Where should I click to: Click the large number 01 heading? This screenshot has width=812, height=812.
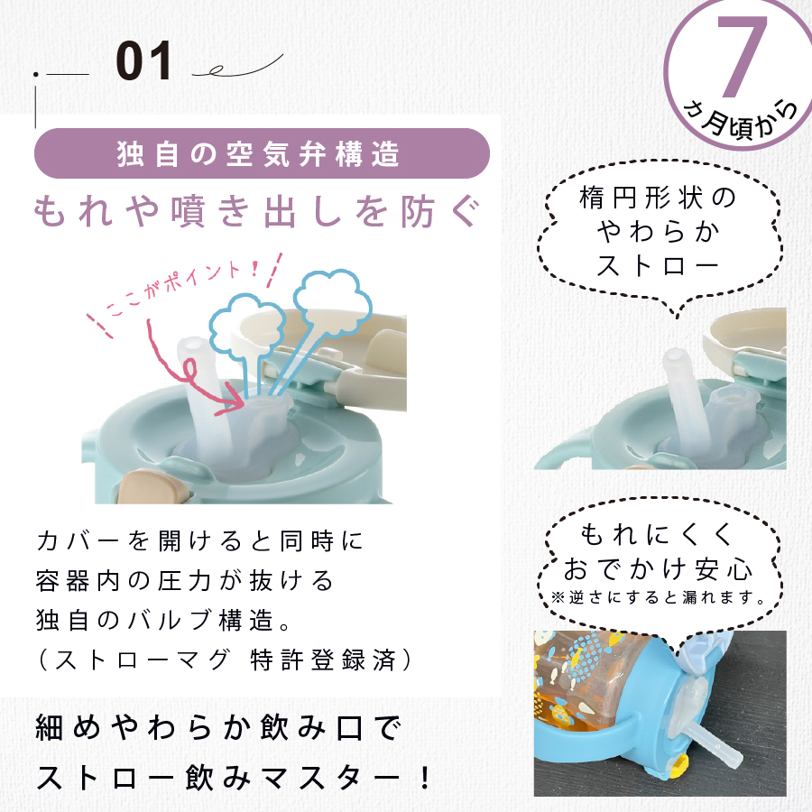tap(143, 61)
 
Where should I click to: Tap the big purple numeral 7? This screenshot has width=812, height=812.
tap(742, 56)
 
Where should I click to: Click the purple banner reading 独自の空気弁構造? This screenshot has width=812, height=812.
tap(262, 153)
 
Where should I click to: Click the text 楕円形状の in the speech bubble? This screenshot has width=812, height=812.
tap(658, 198)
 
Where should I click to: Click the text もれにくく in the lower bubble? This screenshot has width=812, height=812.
tap(657, 534)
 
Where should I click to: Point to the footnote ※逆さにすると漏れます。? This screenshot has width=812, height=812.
tap(659, 597)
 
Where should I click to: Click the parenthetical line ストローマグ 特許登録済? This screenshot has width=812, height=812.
tap(226, 660)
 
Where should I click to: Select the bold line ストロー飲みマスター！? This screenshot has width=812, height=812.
tap(234, 777)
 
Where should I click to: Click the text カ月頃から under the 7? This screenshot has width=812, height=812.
tap(742, 120)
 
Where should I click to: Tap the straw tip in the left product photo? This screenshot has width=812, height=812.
tap(190, 344)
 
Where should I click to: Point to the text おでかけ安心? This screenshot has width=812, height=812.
tap(658, 568)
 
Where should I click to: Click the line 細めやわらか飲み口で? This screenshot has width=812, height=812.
tap(218, 728)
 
